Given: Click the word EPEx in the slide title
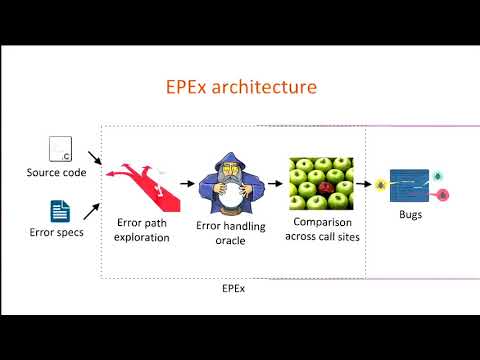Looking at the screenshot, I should [x=189, y=87].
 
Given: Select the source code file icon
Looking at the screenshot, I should [x=59, y=150].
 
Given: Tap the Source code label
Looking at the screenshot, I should [x=56, y=173].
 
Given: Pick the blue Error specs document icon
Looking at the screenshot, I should [x=60, y=211].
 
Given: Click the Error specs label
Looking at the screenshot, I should [x=56, y=233].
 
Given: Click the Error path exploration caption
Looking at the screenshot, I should [x=141, y=231].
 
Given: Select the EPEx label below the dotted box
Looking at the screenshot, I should [x=232, y=288].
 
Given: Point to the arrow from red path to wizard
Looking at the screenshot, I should [x=187, y=185].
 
